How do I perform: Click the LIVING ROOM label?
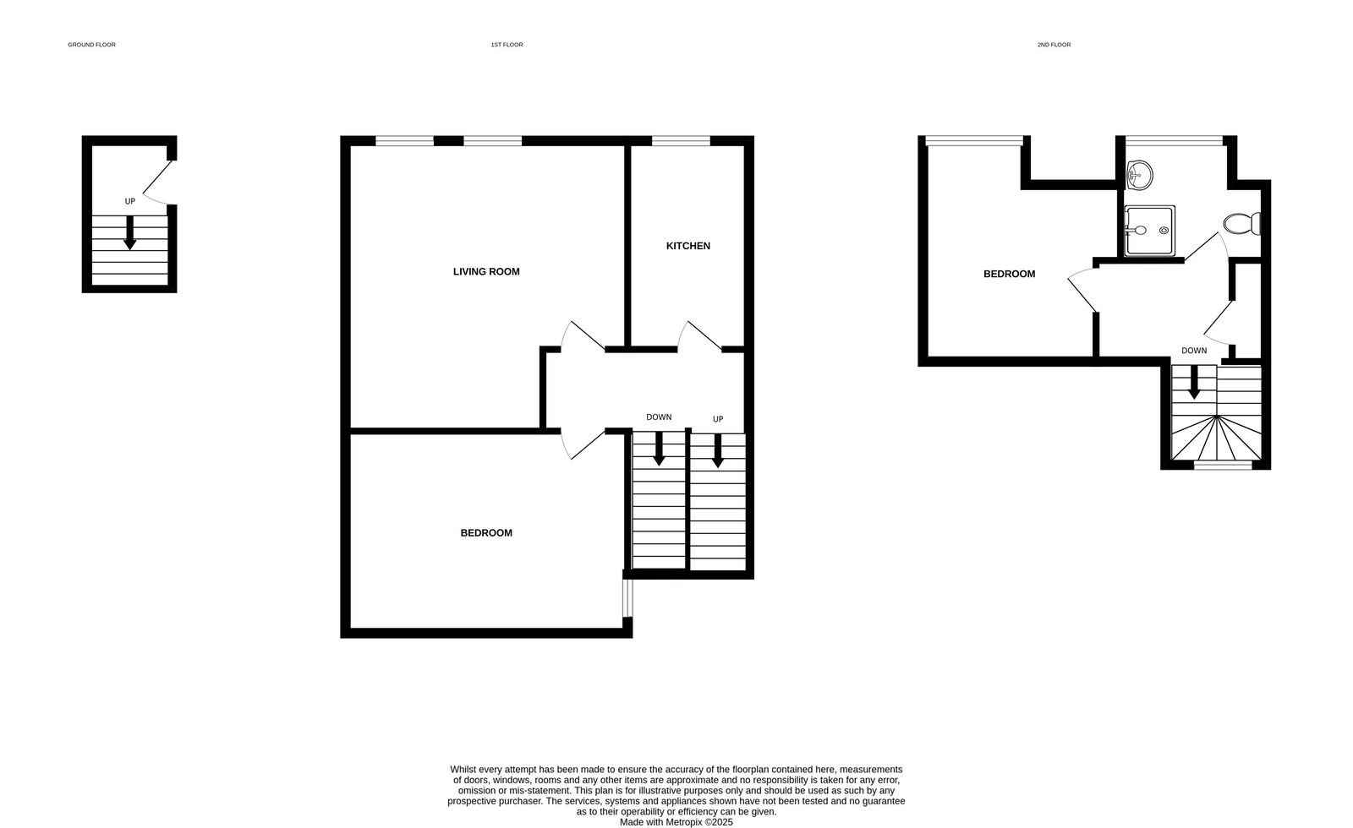tap(486, 272)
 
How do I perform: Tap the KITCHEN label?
tap(688, 246)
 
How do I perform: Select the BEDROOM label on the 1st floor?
tap(486, 533)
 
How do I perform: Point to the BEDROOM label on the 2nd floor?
tap(1009, 274)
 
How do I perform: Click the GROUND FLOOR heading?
tap(91, 45)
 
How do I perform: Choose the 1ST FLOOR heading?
tap(507, 45)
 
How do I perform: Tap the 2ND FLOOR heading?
tap(1054, 45)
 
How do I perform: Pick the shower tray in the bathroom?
tap(1149, 230)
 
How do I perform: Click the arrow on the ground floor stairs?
tap(130, 233)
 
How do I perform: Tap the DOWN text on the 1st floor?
tap(659, 417)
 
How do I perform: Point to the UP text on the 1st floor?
tap(718, 419)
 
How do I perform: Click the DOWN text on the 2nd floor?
tap(1194, 351)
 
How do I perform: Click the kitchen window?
tap(680, 141)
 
